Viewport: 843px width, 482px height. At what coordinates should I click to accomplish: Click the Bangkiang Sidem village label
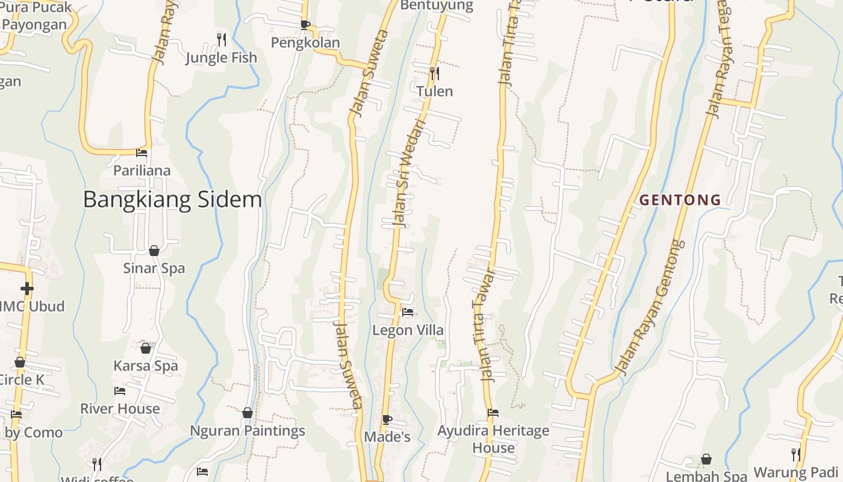(x=172, y=199)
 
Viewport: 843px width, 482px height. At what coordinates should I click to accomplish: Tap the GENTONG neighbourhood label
(x=680, y=200)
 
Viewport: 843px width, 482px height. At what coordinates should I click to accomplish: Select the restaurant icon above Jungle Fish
(x=222, y=40)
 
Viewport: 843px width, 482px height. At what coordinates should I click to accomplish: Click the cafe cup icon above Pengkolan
(x=305, y=25)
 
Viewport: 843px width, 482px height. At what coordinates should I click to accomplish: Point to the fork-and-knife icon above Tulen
(x=434, y=74)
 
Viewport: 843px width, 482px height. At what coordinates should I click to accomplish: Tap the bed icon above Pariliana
(x=142, y=153)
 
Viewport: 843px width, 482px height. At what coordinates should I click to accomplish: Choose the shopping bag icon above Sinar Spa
(x=154, y=251)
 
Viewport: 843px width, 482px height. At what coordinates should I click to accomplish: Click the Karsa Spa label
(x=146, y=366)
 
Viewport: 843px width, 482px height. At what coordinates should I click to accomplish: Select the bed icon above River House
(x=120, y=391)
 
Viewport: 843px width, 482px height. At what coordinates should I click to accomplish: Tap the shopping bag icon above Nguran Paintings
(x=247, y=413)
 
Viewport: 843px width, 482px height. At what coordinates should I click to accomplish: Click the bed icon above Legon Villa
(x=408, y=312)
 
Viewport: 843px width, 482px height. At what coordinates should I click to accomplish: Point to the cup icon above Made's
(x=387, y=419)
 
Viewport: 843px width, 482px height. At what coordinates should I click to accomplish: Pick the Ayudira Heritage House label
(x=493, y=439)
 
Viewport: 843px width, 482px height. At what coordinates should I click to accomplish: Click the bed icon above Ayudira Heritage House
(x=493, y=413)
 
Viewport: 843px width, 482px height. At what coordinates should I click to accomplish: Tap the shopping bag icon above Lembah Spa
(x=706, y=460)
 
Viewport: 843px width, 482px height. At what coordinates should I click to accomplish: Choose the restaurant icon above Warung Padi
(x=795, y=455)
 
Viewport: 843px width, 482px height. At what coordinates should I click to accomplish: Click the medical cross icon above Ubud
(x=26, y=289)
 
